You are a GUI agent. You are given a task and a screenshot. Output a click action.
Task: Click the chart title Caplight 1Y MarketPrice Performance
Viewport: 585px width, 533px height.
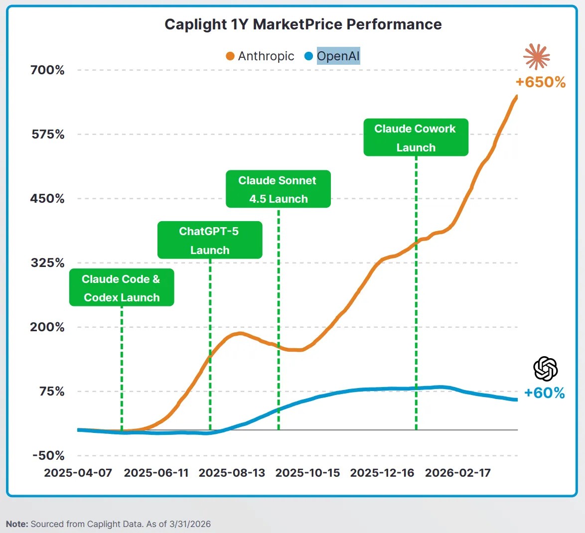[303, 24]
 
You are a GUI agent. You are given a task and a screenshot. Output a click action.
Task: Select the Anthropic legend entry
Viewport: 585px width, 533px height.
[260, 56]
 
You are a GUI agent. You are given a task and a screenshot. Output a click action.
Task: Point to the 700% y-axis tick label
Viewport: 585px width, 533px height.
[47, 70]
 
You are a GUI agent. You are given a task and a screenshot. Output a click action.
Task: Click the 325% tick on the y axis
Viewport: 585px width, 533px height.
[47, 263]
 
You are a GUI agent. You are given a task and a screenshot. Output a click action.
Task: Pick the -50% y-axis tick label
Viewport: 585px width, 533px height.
[48, 456]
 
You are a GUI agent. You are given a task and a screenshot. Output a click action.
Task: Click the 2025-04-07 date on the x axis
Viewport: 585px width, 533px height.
[78, 473]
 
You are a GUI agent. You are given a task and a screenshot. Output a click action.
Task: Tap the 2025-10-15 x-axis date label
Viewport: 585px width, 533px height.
[307, 473]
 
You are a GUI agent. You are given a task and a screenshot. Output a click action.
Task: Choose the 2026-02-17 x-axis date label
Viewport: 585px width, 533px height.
[457, 473]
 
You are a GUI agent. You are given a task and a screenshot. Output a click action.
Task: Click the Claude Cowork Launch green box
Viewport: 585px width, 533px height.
[416, 137]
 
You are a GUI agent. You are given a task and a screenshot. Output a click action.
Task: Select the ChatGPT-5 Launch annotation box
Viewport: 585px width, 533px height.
[210, 240]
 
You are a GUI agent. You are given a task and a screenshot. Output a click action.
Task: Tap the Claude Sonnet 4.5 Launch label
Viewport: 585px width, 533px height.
[278, 189]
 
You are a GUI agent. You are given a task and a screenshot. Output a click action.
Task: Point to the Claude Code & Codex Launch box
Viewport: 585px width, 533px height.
[122, 288]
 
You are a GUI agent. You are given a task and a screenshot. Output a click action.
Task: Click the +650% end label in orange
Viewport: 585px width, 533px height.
[541, 82]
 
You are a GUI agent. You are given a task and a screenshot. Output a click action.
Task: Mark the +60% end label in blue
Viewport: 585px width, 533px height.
[545, 393]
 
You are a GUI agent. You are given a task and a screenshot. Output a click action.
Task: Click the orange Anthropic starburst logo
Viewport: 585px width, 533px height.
[537, 57]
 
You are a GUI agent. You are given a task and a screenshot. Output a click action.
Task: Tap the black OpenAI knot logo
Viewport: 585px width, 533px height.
[545, 369]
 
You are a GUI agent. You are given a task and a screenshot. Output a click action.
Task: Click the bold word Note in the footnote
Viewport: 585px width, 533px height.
[17, 524]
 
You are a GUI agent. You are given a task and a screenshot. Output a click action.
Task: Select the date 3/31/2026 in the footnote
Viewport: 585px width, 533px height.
[190, 524]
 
